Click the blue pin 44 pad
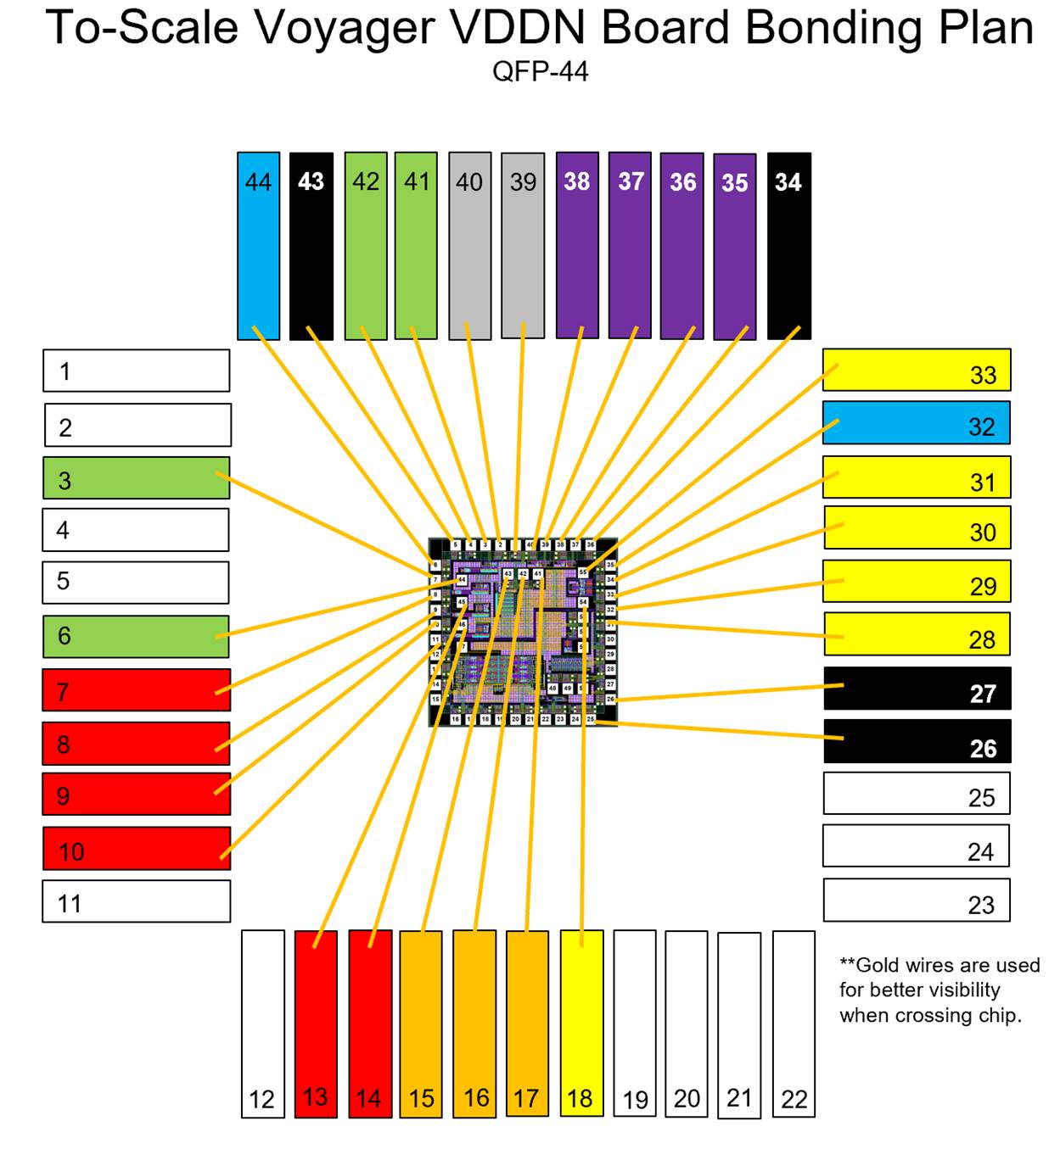click(x=258, y=246)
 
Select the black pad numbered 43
click(x=311, y=246)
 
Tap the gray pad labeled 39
click(x=523, y=246)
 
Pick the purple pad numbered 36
click(x=682, y=246)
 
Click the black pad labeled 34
click(x=789, y=246)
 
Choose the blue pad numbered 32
click(x=917, y=422)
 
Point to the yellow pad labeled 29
click(x=917, y=582)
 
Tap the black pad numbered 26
click(x=917, y=741)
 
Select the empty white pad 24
click(x=917, y=845)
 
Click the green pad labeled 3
click(x=137, y=477)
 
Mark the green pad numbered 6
click(x=137, y=636)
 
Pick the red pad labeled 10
click(x=137, y=848)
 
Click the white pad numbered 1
click(x=137, y=371)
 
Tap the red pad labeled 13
click(x=316, y=1024)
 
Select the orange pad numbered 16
click(x=474, y=1024)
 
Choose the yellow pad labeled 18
click(x=581, y=1024)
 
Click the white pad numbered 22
click(x=794, y=1024)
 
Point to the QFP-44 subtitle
click(x=541, y=71)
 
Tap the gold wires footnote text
click(x=939, y=990)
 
